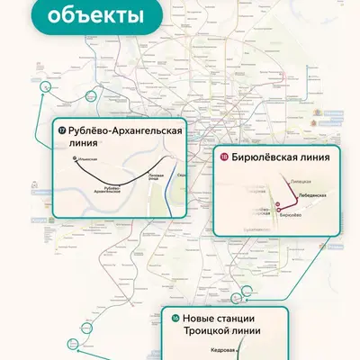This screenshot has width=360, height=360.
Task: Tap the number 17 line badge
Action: click(61, 132)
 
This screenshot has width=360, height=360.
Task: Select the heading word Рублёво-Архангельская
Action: click(125, 132)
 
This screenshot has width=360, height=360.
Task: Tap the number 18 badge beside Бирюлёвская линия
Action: click(223, 157)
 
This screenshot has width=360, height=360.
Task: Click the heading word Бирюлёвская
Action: click(265, 157)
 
